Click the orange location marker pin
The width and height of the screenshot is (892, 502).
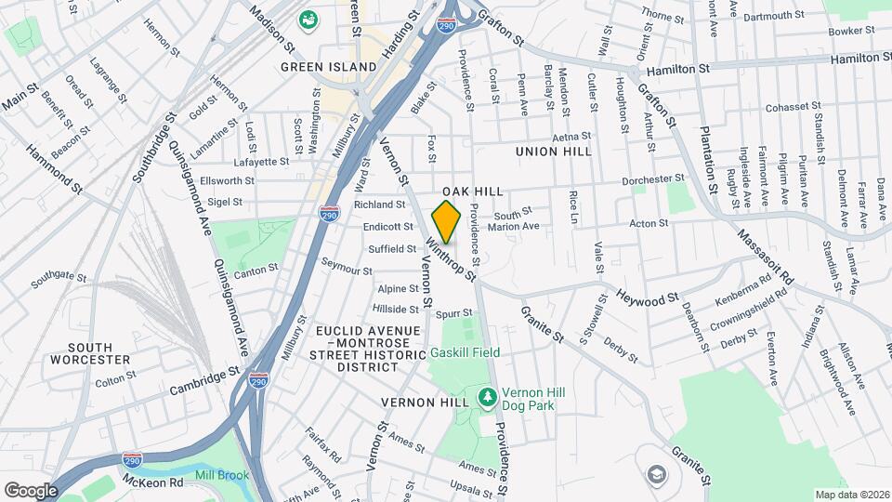pos(447,221)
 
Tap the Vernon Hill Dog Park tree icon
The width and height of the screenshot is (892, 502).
pos(487,398)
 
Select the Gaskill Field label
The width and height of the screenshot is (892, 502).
pos(465,352)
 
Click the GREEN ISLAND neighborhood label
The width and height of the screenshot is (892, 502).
pos(330,67)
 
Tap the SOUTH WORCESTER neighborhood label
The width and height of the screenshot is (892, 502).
pos(90,352)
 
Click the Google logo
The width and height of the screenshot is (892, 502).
pos(31,490)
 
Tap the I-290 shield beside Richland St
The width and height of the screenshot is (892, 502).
pos(329,214)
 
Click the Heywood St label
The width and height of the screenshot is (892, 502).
pos(649,298)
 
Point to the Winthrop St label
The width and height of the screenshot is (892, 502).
pos(452,261)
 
